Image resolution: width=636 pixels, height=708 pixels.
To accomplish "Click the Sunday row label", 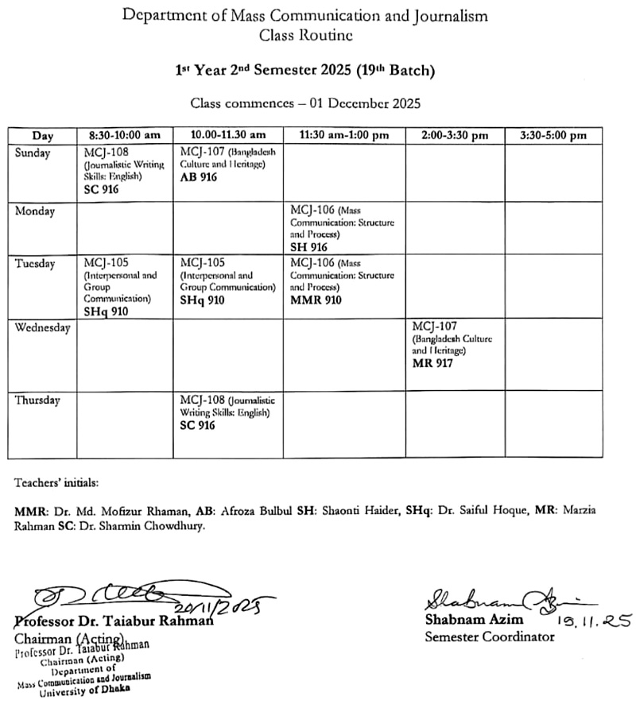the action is [x=33, y=153].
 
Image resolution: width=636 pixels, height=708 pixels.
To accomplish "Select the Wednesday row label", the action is [x=43, y=329].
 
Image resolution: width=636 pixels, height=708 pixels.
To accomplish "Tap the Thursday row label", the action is [x=37, y=400].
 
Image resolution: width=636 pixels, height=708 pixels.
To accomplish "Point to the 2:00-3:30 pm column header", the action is [x=454, y=135].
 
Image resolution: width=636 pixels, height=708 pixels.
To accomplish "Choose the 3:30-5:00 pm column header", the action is [x=553, y=135].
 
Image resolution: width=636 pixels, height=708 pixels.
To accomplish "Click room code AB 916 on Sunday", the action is [x=198, y=177].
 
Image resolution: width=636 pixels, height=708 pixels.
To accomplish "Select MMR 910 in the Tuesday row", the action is [x=316, y=300].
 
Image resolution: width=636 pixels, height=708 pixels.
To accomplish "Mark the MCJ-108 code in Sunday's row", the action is [x=107, y=152].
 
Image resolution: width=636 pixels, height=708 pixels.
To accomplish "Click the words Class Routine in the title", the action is [x=306, y=34].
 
